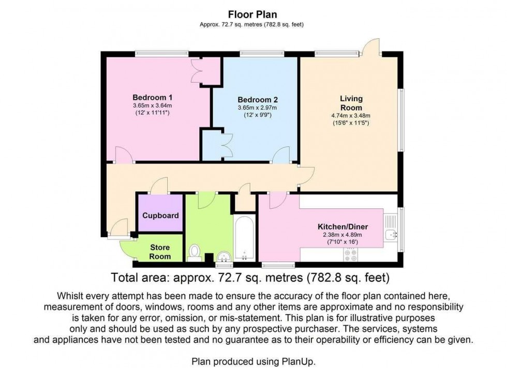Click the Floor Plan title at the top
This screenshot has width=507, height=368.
pos(253,16)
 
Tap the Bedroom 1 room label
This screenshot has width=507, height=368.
pos(152,97)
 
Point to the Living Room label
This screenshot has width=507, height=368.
pos(351,103)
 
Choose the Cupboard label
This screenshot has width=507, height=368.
pos(160,216)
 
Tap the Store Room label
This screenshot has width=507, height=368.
pos(160,252)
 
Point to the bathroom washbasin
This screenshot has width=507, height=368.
pos(223,255)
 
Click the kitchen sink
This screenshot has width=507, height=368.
pos(390,235)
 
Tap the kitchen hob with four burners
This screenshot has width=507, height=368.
pos(351,254)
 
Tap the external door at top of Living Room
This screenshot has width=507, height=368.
pos(370,48)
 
